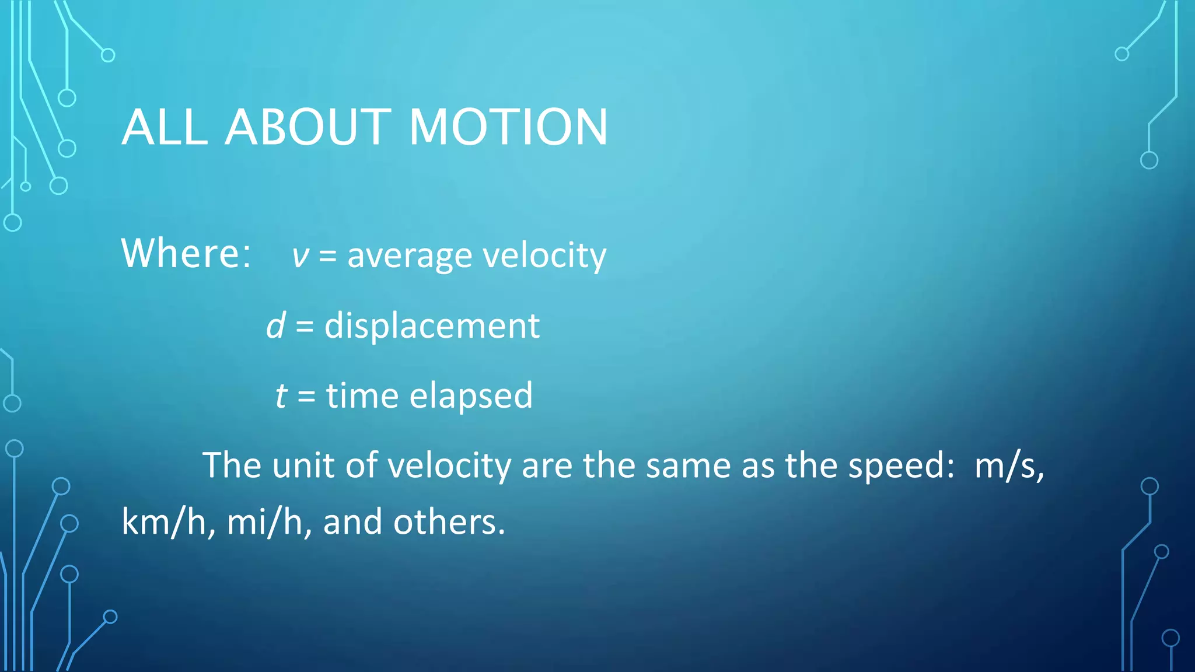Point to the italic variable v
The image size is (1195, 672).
pos(300,257)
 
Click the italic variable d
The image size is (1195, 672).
pos(276,325)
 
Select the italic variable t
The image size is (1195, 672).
pos(281,395)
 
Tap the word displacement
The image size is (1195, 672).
pos(432,325)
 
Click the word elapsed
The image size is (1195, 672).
pos(471,395)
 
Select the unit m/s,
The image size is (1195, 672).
pos(1009,466)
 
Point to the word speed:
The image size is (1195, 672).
pos(901,466)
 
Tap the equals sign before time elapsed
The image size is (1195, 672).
pos(306,397)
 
